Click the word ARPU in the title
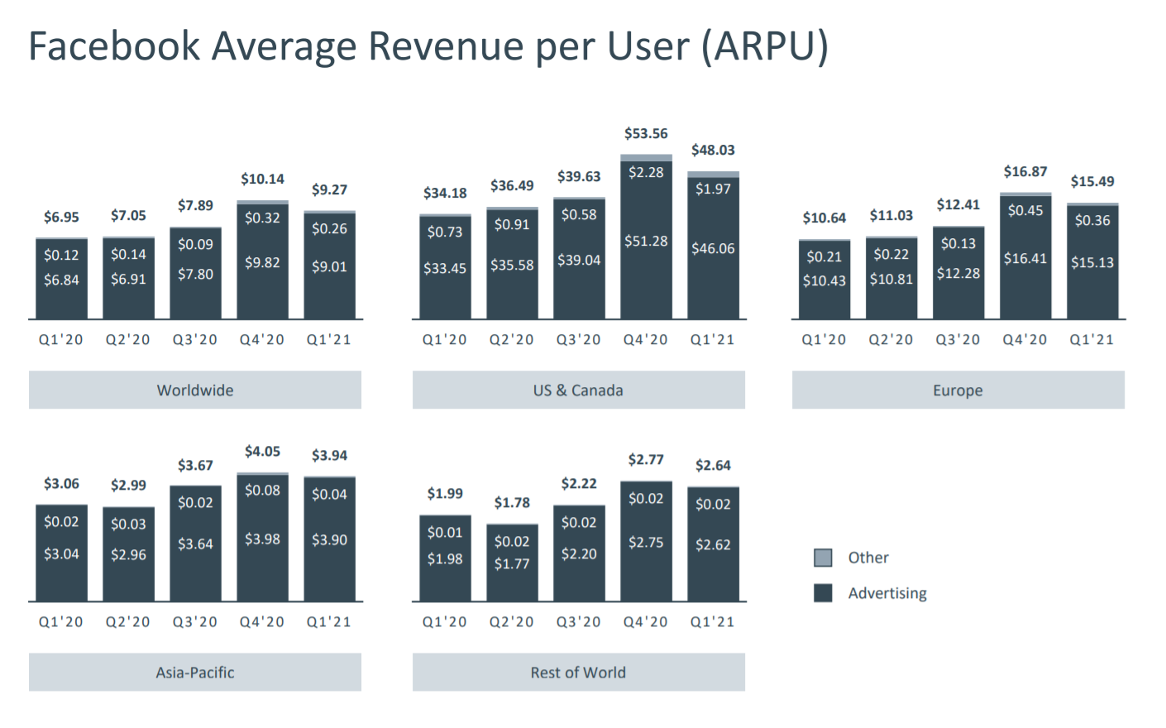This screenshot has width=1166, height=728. [765, 46]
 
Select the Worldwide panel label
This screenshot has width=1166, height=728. [195, 390]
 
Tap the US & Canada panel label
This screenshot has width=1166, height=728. [578, 390]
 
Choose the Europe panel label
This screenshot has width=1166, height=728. [958, 390]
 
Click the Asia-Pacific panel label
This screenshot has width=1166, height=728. [195, 673]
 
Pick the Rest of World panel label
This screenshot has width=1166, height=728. [578, 673]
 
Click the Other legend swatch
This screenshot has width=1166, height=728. [823, 558]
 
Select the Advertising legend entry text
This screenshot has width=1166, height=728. [886, 593]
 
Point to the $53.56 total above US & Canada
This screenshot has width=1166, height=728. [646, 134]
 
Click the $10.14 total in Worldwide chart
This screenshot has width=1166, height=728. [262, 179]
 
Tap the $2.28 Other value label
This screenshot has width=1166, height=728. [646, 172]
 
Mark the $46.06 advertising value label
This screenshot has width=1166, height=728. [713, 248]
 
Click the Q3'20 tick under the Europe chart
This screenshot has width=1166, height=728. [958, 340]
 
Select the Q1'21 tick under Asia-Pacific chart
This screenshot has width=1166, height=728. [329, 622]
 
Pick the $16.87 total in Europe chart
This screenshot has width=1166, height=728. [1025, 171]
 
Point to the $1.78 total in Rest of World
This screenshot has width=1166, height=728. [512, 503]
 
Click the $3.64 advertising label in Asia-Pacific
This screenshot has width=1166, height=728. [195, 544]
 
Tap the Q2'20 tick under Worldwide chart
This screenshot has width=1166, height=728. [128, 340]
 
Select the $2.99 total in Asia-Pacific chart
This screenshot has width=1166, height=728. [128, 485]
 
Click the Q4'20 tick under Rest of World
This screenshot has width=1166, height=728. [646, 622]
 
